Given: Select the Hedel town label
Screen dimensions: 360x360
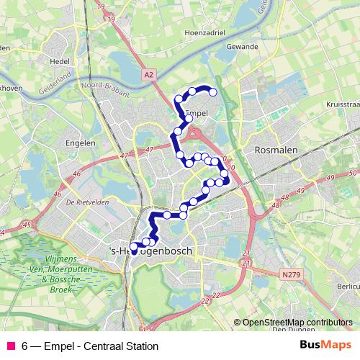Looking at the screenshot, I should click(x=60, y=61).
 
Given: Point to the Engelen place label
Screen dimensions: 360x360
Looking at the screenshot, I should click(x=81, y=143).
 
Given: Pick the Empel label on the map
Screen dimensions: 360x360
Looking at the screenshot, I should click(x=197, y=113).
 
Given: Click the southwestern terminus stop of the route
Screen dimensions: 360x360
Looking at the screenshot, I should click(x=133, y=247).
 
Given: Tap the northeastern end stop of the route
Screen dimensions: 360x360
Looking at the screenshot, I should click(x=213, y=91).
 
